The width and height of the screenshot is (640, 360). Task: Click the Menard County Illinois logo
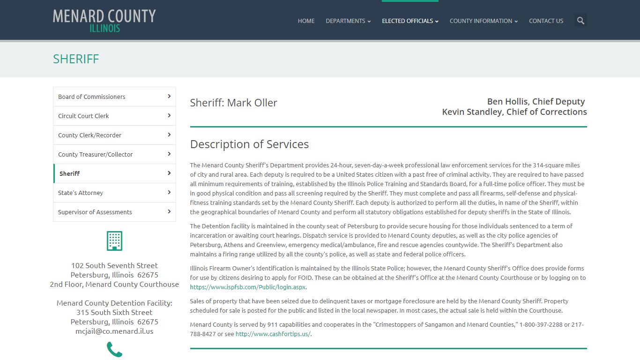pos(104,21)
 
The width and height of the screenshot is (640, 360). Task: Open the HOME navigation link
pos(306,21)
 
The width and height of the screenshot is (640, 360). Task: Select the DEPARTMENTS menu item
pos(348,21)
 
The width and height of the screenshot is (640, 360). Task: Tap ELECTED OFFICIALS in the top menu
pos(410,21)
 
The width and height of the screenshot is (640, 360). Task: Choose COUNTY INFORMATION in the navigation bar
pos(484,21)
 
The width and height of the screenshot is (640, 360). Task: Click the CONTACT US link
pos(546,21)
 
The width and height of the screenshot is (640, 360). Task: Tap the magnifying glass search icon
pos(580,21)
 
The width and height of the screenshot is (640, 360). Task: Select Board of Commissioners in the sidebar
pos(114,97)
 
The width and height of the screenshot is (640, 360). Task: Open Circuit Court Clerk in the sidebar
pos(114,116)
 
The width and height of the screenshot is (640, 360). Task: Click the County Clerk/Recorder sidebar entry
pos(114,135)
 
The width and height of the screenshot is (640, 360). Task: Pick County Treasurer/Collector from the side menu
pos(114,154)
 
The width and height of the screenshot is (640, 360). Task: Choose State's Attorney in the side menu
pos(114,193)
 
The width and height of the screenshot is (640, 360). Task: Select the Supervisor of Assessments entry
pos(114,212)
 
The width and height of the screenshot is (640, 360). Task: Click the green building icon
pos(114,241)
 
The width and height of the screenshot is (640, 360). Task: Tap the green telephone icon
pos(114,349)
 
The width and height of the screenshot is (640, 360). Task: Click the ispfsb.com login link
pos(248,287)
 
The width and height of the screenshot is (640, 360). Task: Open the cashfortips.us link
pos(273,334)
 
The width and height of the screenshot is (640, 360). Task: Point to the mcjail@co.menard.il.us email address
pos(114,331)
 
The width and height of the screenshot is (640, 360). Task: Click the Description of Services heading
pos(249,144)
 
